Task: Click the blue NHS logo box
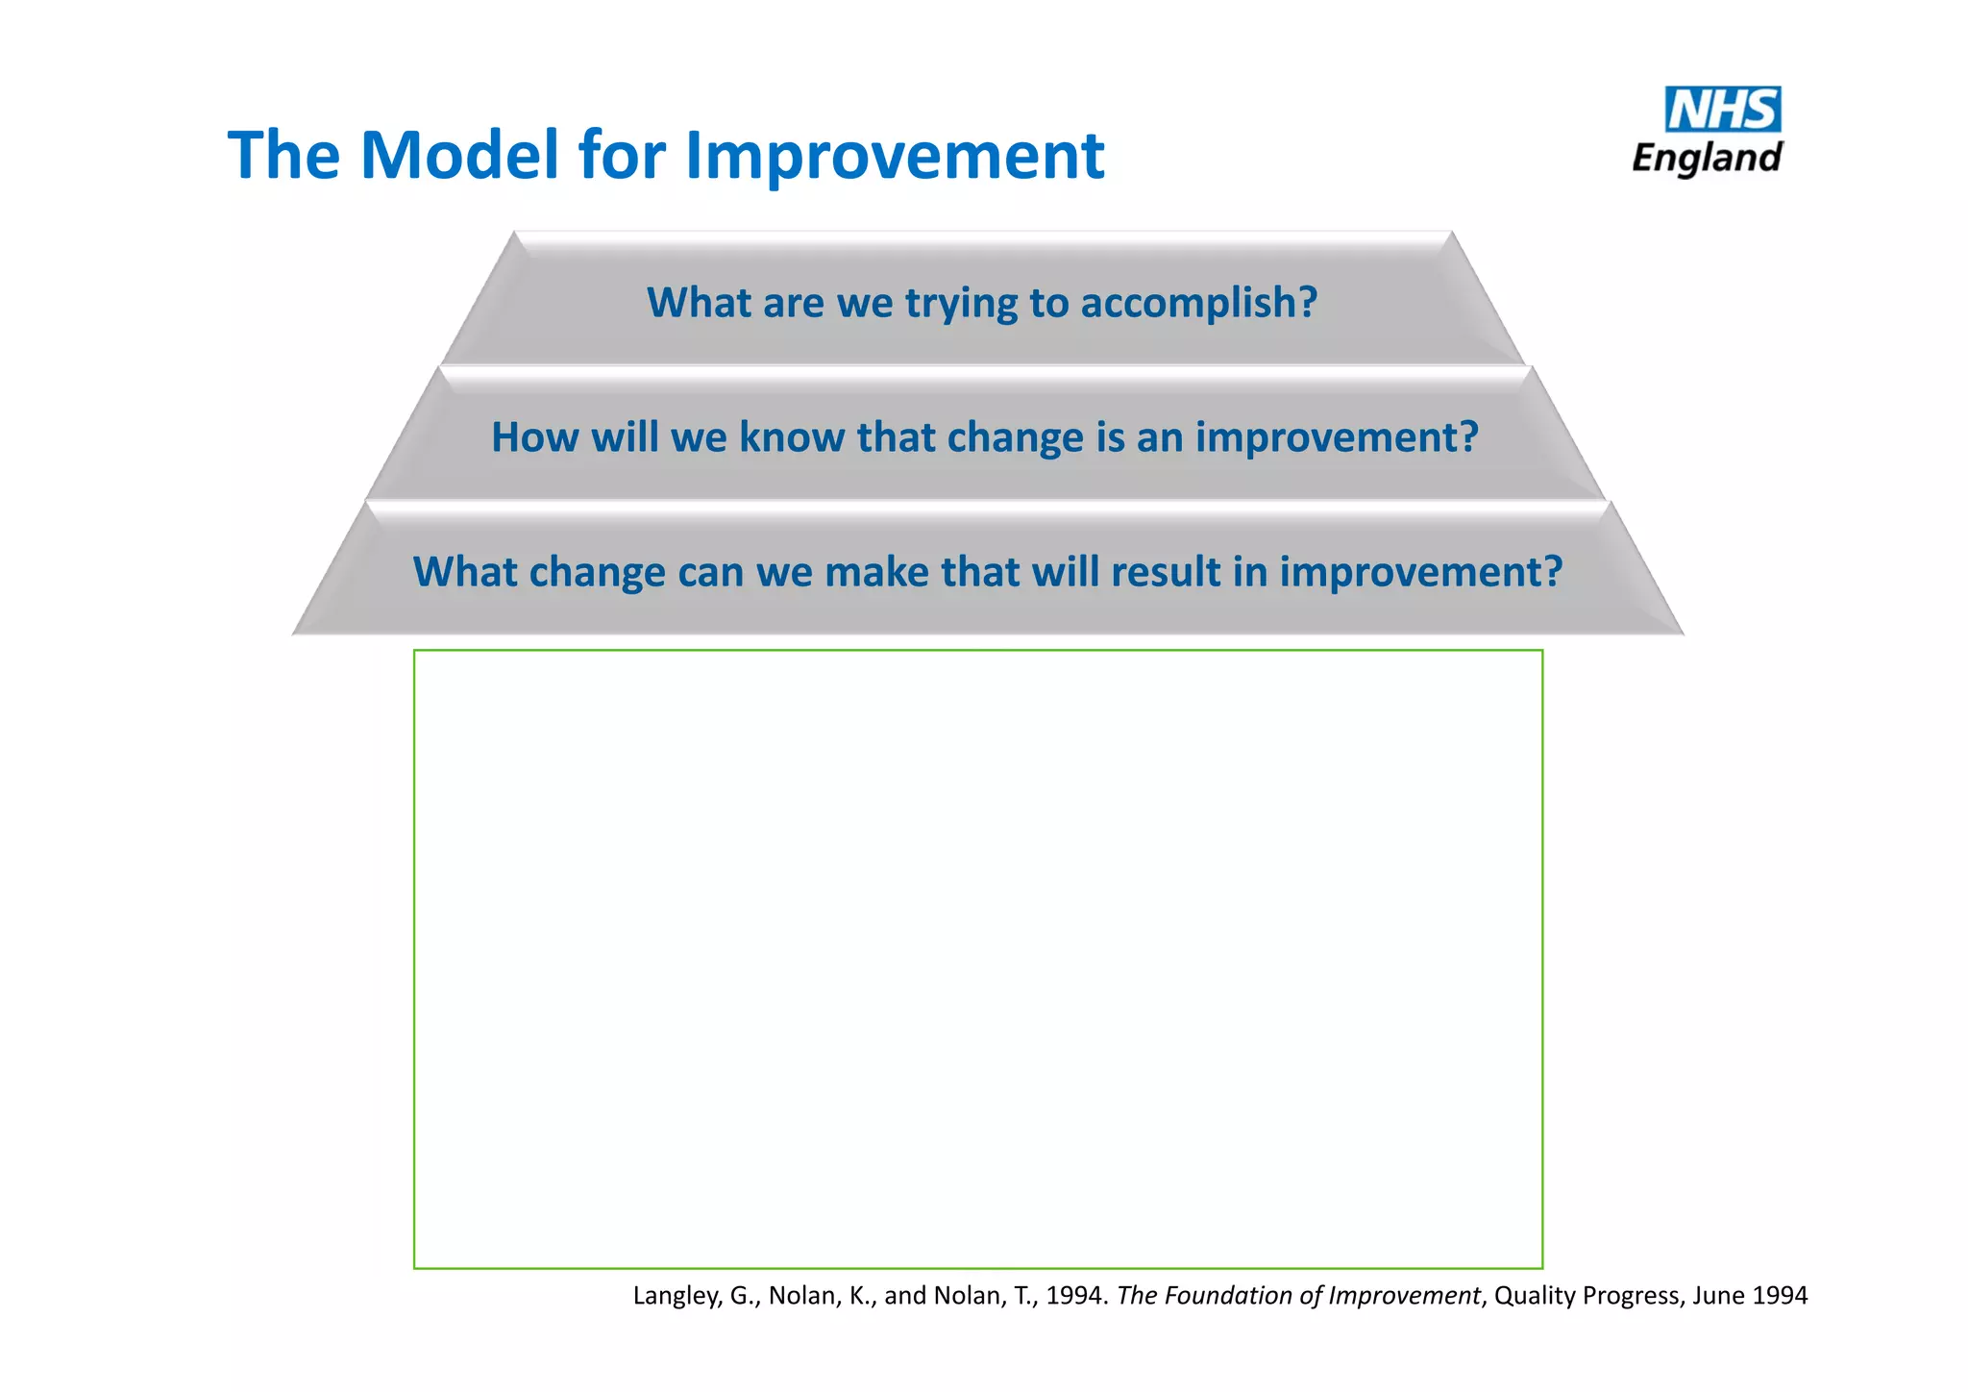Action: [1722, 110]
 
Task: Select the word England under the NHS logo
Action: [1707, 158]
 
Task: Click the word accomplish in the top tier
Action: [1198, 304]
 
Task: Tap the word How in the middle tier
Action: [535, 437]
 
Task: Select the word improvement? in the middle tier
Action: [1337, 438]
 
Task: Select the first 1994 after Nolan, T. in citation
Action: [1075, 1296]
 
